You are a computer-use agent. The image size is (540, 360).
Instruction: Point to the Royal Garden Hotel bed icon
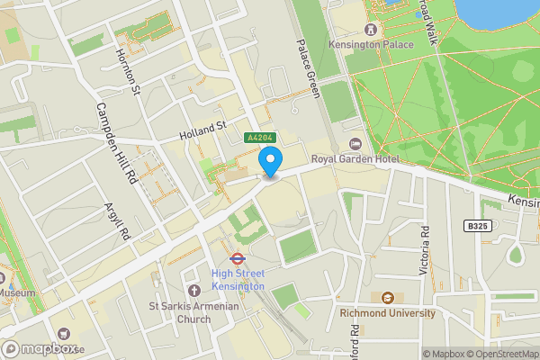[355, 144]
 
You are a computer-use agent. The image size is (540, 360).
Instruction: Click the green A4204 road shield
[260, 138]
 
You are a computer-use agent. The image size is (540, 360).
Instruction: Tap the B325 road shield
[479, 226]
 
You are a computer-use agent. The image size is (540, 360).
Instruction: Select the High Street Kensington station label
[238, 280]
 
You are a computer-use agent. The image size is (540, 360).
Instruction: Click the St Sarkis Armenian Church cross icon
[193, 290]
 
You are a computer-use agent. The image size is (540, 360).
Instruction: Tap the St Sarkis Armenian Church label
[193, 311]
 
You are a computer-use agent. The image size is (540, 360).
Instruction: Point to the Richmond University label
[387, 313]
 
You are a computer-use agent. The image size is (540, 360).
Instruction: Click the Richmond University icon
[387, 298]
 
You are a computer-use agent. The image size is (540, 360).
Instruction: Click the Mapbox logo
[40, 349]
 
